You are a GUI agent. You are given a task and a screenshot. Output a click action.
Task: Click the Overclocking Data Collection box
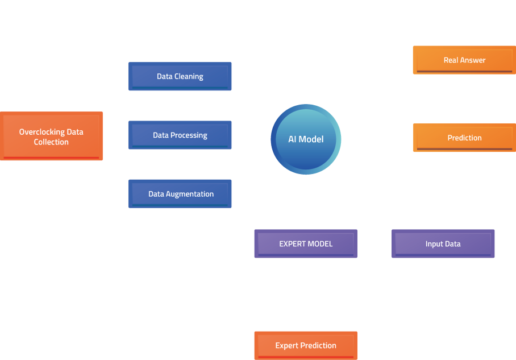coord(51,136)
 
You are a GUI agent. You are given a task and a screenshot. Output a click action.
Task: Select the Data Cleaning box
coord(180,76)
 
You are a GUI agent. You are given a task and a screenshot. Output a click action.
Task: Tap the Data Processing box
coord(180,135)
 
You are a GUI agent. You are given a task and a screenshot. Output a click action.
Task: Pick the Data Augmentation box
coord(180,194)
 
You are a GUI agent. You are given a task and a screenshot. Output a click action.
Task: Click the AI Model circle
coord(306,139)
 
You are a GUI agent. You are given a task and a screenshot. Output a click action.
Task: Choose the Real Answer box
coord(464,60)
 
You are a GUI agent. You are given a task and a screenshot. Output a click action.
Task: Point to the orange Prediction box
coord(464,138)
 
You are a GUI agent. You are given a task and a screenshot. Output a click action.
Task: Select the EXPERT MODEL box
coord(306,244)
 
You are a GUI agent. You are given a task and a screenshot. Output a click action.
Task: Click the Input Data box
coord(443,244)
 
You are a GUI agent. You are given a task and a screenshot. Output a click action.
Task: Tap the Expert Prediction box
coord(306,345)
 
